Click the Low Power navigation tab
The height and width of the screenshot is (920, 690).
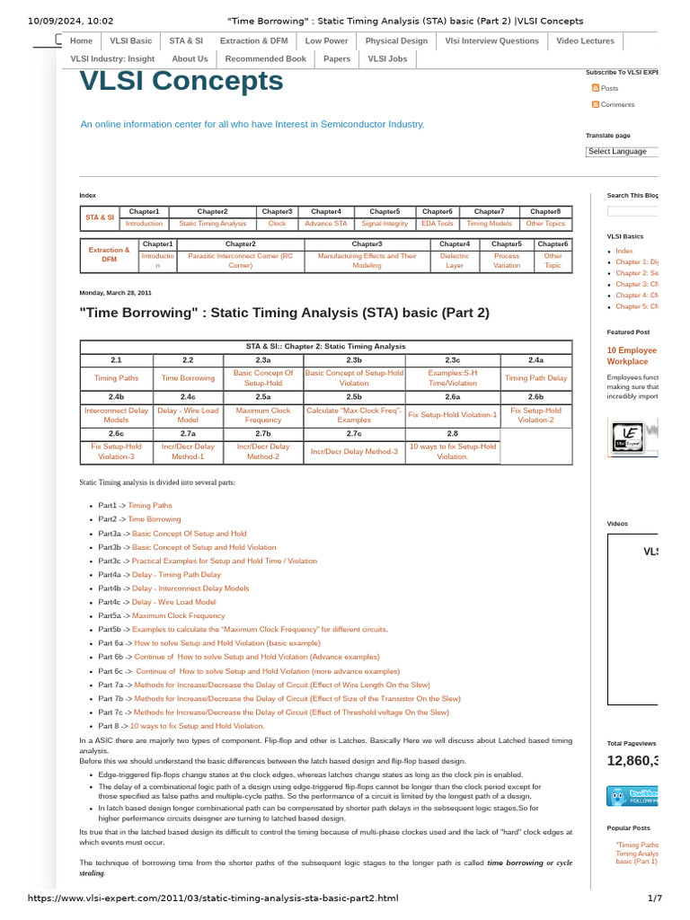click(326, 41)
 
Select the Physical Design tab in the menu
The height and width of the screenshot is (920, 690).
click(396, 41)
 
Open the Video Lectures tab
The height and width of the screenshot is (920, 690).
click(585, 41)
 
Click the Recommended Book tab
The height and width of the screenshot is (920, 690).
click(265, 59)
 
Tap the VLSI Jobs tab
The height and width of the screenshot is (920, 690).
click(387, 59)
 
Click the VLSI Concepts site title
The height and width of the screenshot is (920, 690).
click(181, 82)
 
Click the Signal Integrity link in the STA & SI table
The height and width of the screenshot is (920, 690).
click(385, 224)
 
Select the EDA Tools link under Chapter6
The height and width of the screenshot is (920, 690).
click(438, 224)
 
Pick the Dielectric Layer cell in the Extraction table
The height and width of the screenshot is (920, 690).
click(455, 261)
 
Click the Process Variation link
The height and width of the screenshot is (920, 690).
click(507, 261)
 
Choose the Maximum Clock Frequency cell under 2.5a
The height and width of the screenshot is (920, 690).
click(263, 415)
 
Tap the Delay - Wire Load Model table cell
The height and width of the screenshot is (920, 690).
click(188, 415)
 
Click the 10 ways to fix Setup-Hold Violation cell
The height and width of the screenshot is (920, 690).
click(453, 451)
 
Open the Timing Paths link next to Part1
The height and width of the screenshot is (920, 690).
click(150, 506)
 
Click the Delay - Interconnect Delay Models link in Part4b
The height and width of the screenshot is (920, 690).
click(190, 588)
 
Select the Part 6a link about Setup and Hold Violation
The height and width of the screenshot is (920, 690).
click(227, 643)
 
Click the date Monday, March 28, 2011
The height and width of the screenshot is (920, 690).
click(116, 293)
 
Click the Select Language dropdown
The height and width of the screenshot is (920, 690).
click(622, 152)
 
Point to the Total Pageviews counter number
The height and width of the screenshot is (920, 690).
click(633, 761)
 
